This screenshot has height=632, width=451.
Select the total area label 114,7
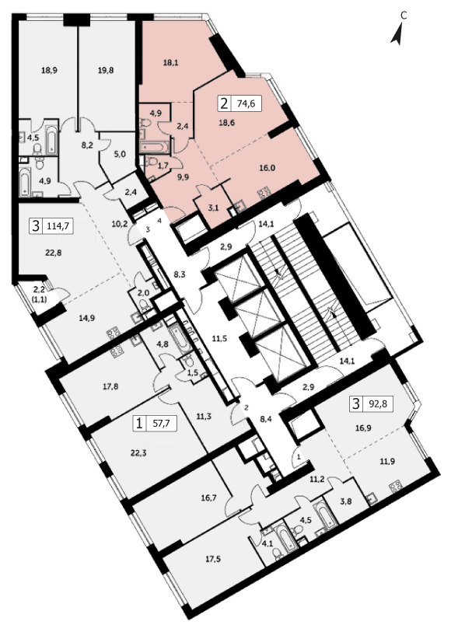58,226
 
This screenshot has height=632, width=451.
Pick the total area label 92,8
378,403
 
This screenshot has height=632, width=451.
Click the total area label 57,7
162,424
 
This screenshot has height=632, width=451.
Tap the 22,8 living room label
54,253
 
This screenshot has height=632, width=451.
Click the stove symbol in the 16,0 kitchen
264,193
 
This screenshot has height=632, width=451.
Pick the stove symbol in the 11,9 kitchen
395,486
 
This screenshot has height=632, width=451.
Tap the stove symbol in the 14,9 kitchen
113,333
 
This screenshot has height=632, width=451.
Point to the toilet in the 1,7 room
150,162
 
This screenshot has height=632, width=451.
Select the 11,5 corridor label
219,339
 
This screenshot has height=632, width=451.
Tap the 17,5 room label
213,559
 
